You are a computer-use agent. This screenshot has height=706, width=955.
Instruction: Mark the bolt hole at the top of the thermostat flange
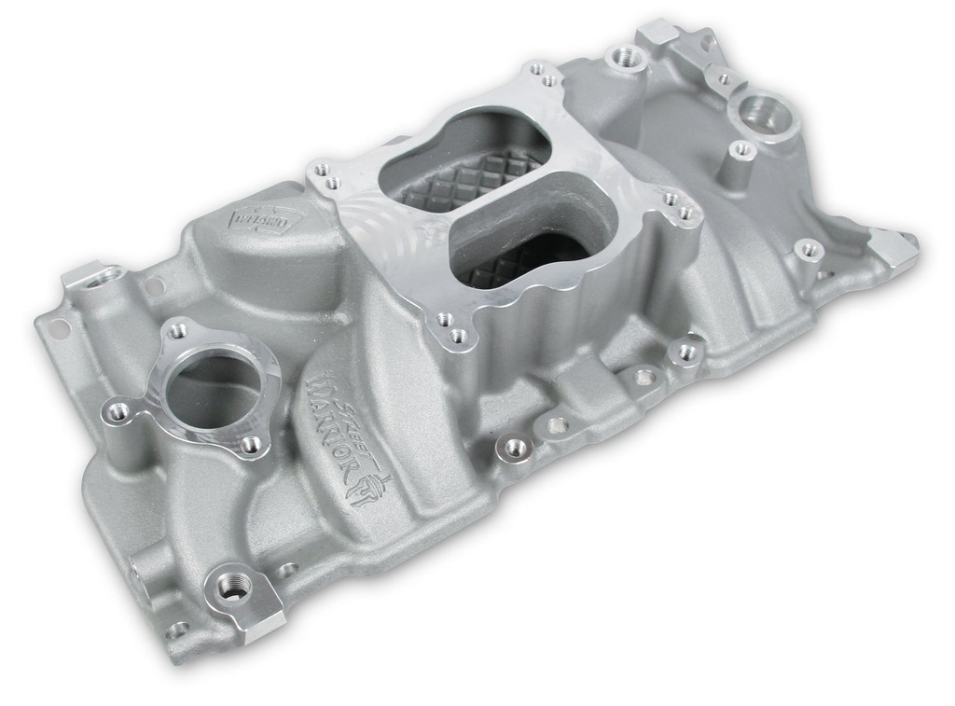click(177, 330)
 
